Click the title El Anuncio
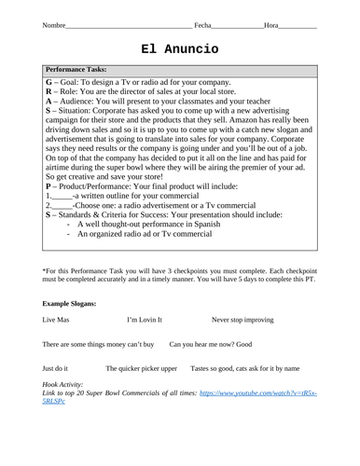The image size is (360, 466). tap(181, 48)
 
